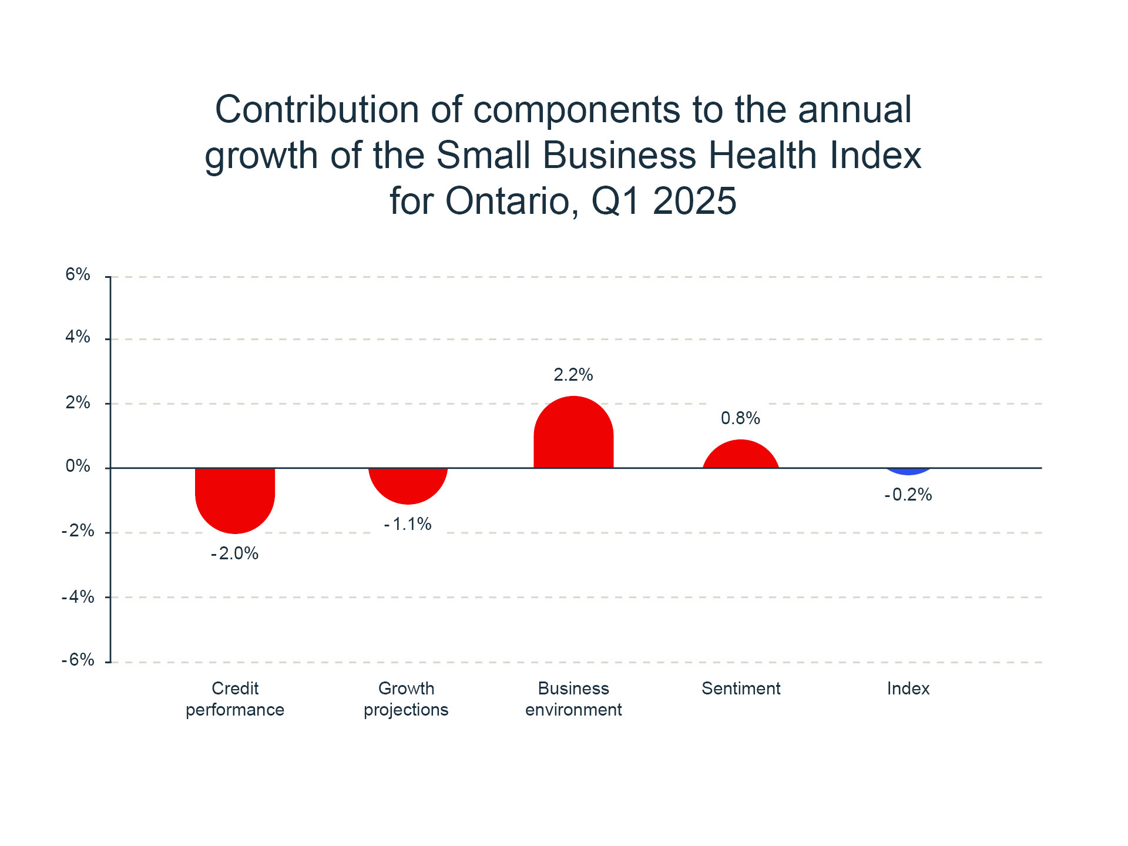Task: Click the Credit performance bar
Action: click(x=235, y=499)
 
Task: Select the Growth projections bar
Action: click(x=408, y=485)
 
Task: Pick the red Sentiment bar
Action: click(x=741, y=456)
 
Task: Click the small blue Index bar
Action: click(x=908, y=471)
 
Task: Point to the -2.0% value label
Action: click(x=235, y=553)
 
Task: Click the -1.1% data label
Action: click(x=408, y=524)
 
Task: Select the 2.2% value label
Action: click(x=573, y=375)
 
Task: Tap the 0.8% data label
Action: click(x=740, y=418)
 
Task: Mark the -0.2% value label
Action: click(x=908, y=495)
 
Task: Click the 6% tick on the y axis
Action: click(x=78, y=274)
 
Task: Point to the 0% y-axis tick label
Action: click(x=78, y=466)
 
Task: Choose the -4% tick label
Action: click(x=78, y=597)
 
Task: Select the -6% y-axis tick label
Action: click(x=78, y=660)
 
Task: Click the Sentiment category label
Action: click(x=741, y=689)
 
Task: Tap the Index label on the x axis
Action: click(x=908, y=689)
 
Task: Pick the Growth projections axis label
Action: click(x=406, y=699)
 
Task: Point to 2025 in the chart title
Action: click(x=694, y=201)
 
